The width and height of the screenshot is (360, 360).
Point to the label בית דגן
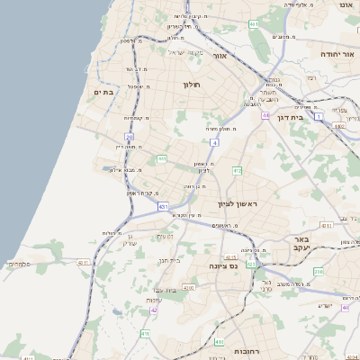click(290, 117)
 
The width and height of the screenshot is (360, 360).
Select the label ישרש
click(325, 305)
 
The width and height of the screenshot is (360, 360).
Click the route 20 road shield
click(141, 137)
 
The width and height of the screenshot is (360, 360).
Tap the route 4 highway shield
click(214, 142)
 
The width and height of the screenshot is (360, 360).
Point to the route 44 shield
click(265, 115)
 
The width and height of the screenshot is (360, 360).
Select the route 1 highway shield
click(319, 116)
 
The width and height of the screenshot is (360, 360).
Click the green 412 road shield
click(237, 170)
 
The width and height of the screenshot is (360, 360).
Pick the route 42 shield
click(154, 310)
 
